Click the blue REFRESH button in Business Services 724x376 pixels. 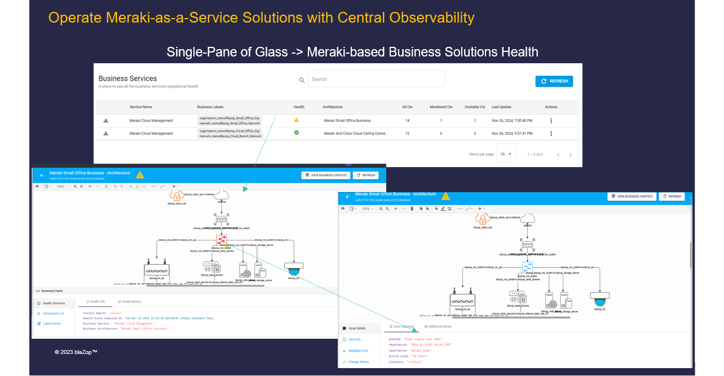coord(554,81)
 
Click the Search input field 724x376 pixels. coord(377,79)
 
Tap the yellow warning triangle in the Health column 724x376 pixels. coord(297,120)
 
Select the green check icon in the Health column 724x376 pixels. coord(297,133)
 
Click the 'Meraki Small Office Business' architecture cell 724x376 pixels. coord(347,121)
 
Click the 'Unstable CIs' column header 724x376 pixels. coord(475,107)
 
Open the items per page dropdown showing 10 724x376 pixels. coord(506,154)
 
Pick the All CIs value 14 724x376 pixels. coord(407,121)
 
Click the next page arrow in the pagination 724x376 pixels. coord(570,155)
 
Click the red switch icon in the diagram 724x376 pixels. coord(222,239)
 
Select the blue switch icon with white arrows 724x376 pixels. coord(527,266)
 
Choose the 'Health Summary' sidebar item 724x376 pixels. coord(54,303)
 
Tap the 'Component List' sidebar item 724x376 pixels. coord(54,313)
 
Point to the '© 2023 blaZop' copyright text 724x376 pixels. coord(76,352)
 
